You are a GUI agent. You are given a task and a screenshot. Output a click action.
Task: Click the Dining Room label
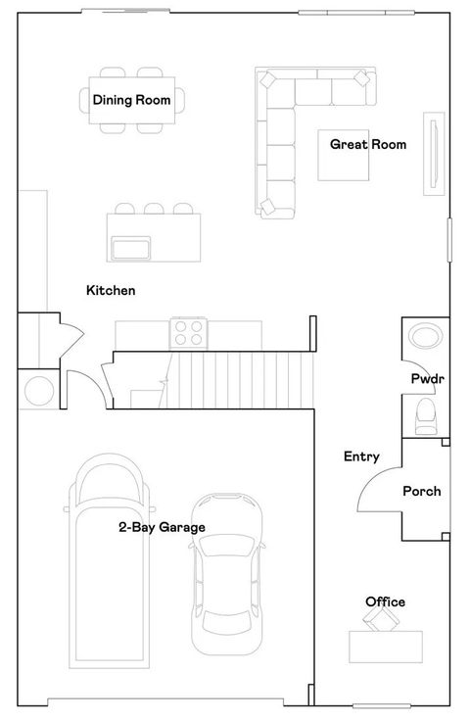[131, 99]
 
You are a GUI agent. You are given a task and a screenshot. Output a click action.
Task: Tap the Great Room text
[367, 144]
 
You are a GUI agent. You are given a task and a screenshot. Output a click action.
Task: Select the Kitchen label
[111, 291]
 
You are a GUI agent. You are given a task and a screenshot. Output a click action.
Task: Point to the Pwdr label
[428, 378]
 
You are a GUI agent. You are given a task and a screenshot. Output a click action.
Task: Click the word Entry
[361, 457]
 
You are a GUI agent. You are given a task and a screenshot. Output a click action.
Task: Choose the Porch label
[422, 491]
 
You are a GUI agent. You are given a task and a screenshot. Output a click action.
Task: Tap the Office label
[385, 601]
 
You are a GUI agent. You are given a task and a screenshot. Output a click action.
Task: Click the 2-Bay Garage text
[162, 527]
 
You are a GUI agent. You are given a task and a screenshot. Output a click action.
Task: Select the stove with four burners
[188, 333]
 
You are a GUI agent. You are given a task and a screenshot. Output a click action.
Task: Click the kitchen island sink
[129, 248]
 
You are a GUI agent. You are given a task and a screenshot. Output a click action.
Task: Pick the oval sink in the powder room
[426, 339]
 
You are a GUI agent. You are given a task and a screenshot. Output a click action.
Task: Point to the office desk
[386, 646]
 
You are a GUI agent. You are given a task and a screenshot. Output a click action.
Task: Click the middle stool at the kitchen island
[153, 209]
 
